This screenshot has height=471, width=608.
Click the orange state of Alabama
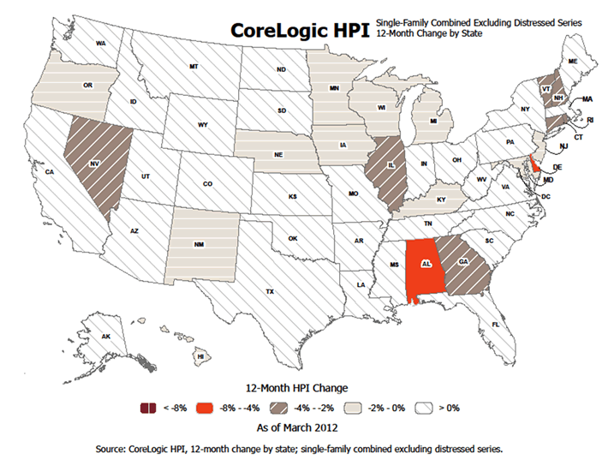(x=420, y=267)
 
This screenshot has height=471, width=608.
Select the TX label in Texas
(x=270, y=292)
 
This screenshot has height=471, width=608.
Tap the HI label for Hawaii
(x=200, y=355)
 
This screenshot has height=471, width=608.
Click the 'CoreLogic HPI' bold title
(x=298, y=30)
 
